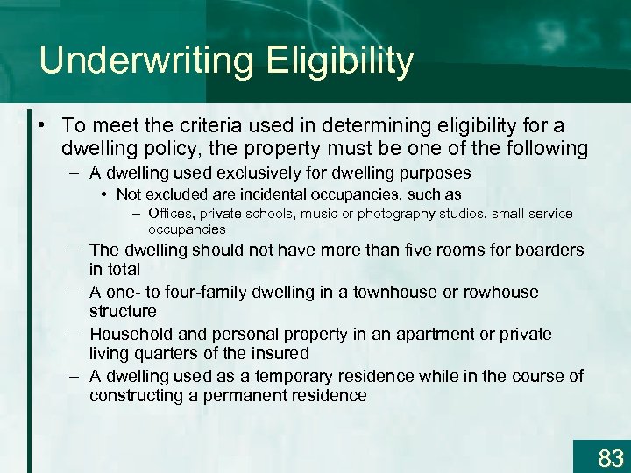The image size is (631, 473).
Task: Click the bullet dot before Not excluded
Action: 105,194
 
